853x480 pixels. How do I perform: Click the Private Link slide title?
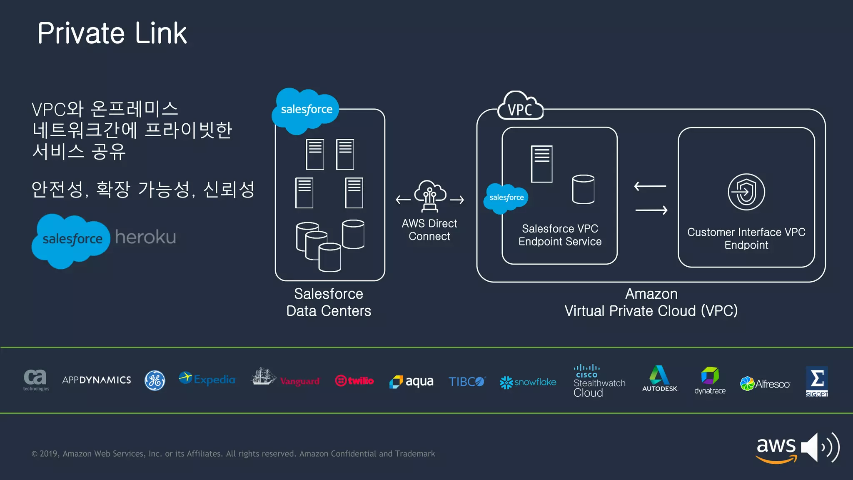(x=112, y=33)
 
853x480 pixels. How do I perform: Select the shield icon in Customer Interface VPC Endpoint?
(x=746, y=192)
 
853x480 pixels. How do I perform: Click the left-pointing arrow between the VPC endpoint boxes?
(x=650, y=186)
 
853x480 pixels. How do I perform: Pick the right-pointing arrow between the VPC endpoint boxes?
(x=651, y=210)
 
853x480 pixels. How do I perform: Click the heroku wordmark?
(x=145, y=237)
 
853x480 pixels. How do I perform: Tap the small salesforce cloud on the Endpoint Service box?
(x=506, y=198)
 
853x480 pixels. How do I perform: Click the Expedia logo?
(x=207, y=379)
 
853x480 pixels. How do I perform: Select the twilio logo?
(x=354, y=380)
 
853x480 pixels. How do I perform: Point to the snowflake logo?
(x=528, y=382)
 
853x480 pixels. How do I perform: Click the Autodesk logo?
(x=660, y=378)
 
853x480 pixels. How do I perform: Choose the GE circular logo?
(x=155, y=380)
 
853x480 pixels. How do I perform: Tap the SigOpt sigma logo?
(x=817, y=381)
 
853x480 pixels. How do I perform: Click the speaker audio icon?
(x=819, y=447)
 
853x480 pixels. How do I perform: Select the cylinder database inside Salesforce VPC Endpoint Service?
(x=583, y=190)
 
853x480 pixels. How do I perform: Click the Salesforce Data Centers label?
(x=329, y=302)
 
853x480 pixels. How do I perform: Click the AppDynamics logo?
(x=97, y=380)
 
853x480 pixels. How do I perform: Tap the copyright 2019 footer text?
(x=233, y=454)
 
